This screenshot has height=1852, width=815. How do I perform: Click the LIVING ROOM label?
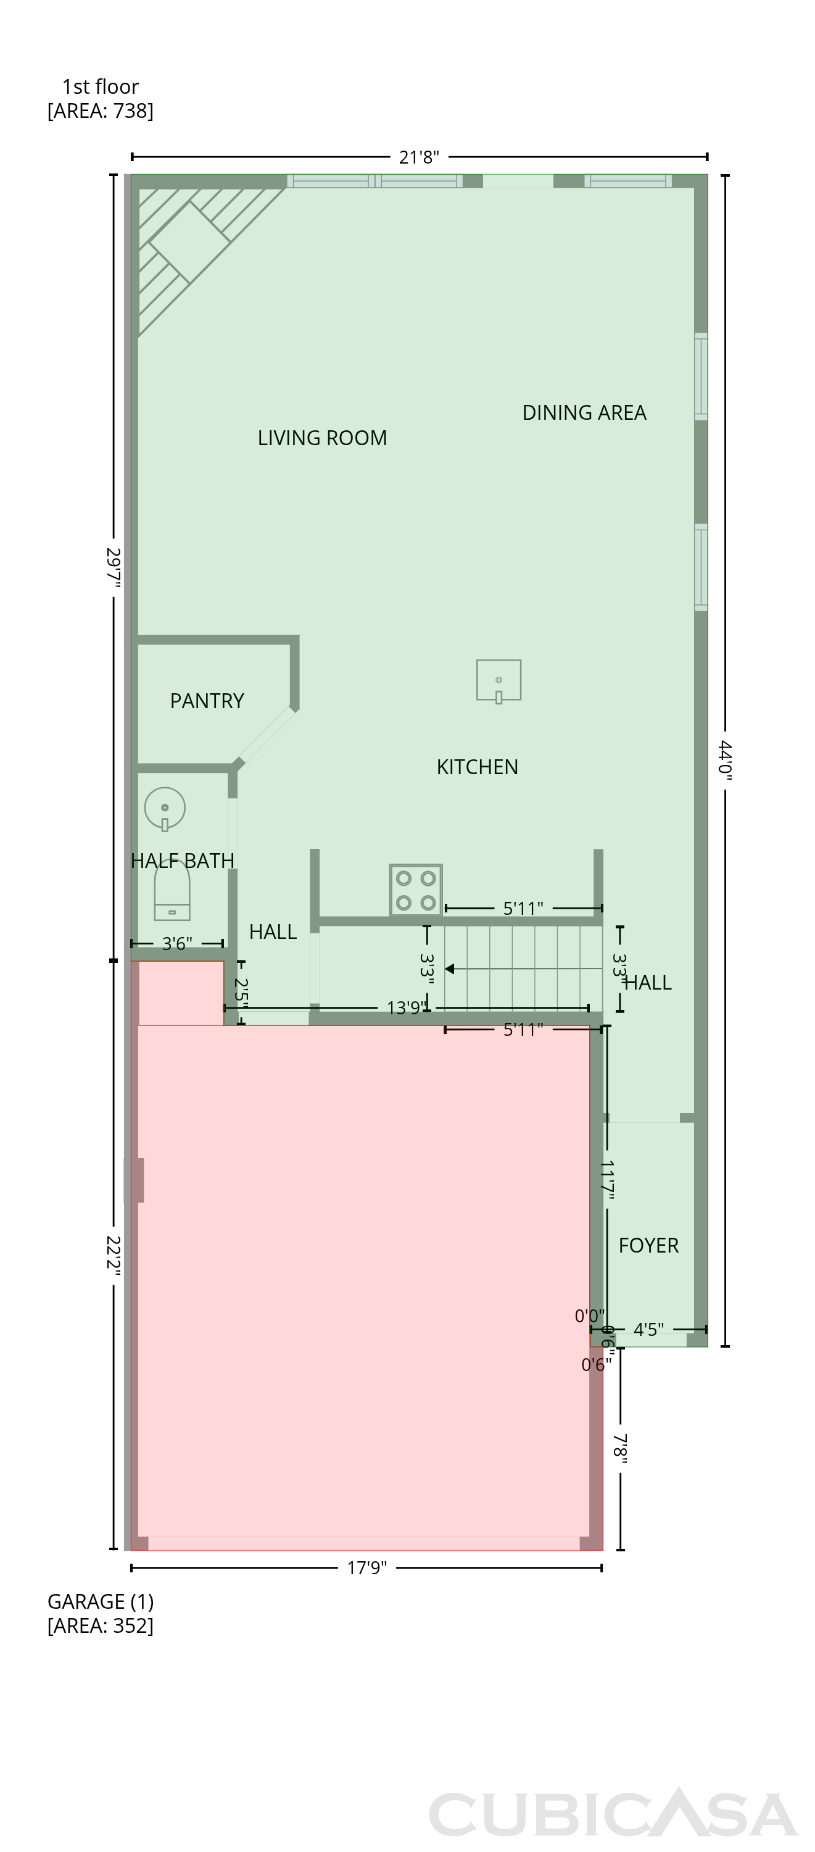[322, 438]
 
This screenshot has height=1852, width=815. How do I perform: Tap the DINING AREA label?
[584, 412]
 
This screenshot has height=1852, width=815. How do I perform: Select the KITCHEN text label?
[477, 767]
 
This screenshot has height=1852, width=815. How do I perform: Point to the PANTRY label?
[207, 701]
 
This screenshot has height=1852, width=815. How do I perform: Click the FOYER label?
[648, 1245]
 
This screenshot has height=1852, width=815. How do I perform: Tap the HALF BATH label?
[183, 861]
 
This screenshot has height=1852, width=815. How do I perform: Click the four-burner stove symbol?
[416, 890]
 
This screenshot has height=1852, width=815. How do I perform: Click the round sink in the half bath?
[165, 809]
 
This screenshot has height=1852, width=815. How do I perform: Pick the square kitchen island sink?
[499, 680]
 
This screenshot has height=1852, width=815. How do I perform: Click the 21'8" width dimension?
[419, 157]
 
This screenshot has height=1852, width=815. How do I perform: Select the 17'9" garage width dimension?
[366, 1568]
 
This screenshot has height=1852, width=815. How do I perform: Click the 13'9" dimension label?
[407, 1008]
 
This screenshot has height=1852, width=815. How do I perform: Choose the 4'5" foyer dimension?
[648, 1329]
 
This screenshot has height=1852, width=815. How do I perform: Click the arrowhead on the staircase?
[449, 969]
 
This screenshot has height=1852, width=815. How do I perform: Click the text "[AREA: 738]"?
[101, 111]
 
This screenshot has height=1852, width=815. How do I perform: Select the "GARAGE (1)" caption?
[101, 1602]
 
